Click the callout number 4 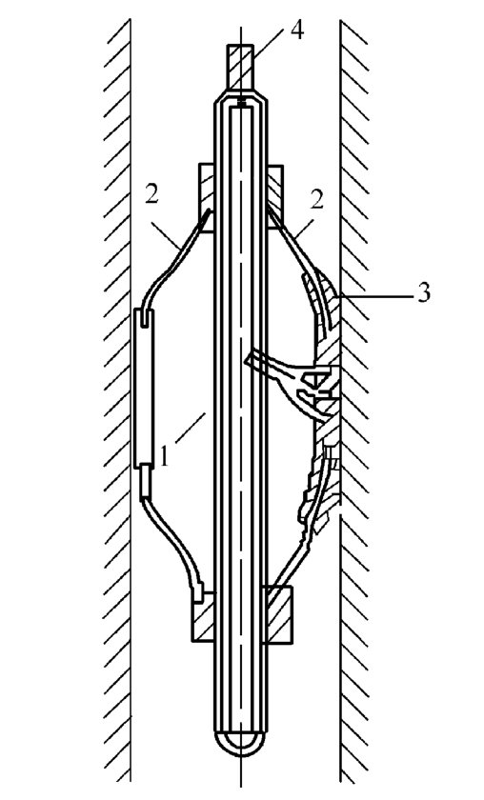coord(297,30)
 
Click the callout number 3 coord(424,293)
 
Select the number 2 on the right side coord(317,201)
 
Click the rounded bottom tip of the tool coord(240,743)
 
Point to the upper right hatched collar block coord(274,197)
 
